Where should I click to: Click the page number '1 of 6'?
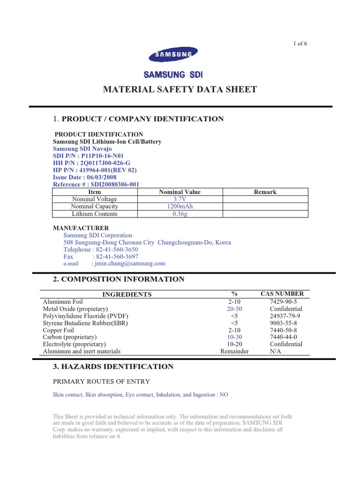click(x=300, y=44)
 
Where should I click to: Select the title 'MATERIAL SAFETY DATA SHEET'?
click(x=180, y=90)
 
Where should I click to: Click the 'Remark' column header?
click(x=265, y=192)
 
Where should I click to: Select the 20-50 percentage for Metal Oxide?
click(x=234, y=309)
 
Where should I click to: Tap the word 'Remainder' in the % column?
click(x=234, y=351)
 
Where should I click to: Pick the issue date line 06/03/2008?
click(x=85, y=178)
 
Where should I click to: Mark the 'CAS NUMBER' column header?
click(x=285, y=294)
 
